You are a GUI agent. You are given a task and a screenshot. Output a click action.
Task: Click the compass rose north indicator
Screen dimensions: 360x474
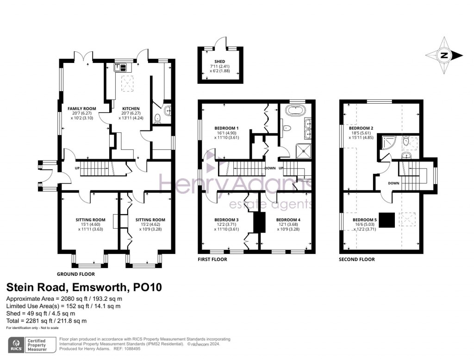click(444, 56)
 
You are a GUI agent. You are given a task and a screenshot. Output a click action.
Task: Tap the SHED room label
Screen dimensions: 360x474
click(219, 62)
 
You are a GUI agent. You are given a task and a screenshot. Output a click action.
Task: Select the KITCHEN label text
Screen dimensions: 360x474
click(128, 108)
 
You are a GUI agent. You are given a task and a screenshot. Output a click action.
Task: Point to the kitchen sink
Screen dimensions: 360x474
click(120, 68)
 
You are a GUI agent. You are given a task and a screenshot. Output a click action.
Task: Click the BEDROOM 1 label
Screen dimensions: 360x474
click(226, 128)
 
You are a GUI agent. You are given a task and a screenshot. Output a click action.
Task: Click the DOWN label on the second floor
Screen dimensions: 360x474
click(393, 183)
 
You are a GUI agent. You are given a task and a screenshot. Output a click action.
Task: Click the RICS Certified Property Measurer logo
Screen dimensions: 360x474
click(30, 344)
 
